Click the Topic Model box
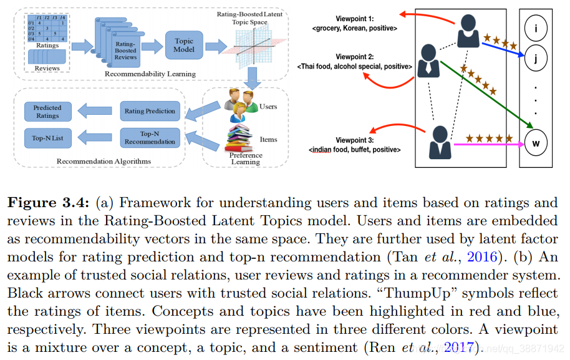pos(185,45)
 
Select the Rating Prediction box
pos(150,111)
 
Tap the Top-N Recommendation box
pos(150,137)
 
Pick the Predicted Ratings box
pos(47,112)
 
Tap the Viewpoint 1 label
pos(354,19)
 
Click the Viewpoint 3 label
pos(354,140)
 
